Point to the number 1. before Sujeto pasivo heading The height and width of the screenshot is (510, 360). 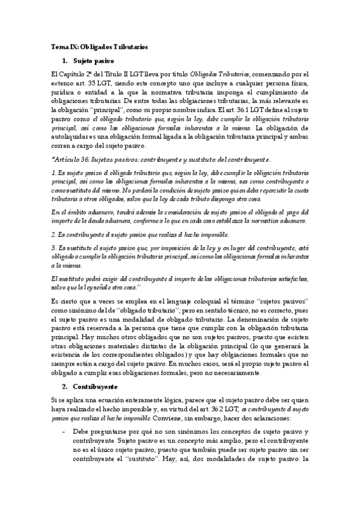tap(65, 61)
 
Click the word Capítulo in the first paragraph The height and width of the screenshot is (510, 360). tap(73, 73)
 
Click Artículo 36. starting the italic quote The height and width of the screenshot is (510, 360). tap(73, 159)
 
